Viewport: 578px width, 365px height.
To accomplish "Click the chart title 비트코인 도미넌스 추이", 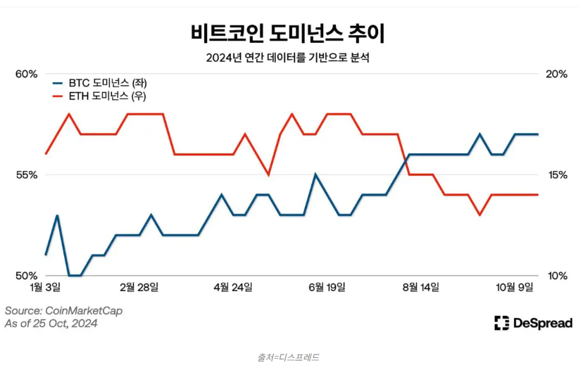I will click(x=288, y=33).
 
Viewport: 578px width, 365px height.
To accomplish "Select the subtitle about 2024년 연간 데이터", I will click(x=288, y=58).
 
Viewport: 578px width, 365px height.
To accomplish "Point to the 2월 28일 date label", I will click(x=139, y=287).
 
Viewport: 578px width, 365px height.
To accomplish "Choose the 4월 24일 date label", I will click(x=232, y=287).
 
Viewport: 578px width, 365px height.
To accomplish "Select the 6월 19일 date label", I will click(x=327, y=287).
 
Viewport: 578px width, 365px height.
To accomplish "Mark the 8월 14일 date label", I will click(x=420, y=287).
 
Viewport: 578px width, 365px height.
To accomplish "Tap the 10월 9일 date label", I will click(x=515, y=287).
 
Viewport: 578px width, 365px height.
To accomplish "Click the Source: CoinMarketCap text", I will click(x=60, y=310).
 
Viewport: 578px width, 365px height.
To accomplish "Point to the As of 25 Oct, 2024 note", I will click(x=51, y=324).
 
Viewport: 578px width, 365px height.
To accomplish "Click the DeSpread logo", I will click(x=533, y=323).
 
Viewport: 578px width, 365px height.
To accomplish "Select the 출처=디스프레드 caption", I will click(x=288, y=357).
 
